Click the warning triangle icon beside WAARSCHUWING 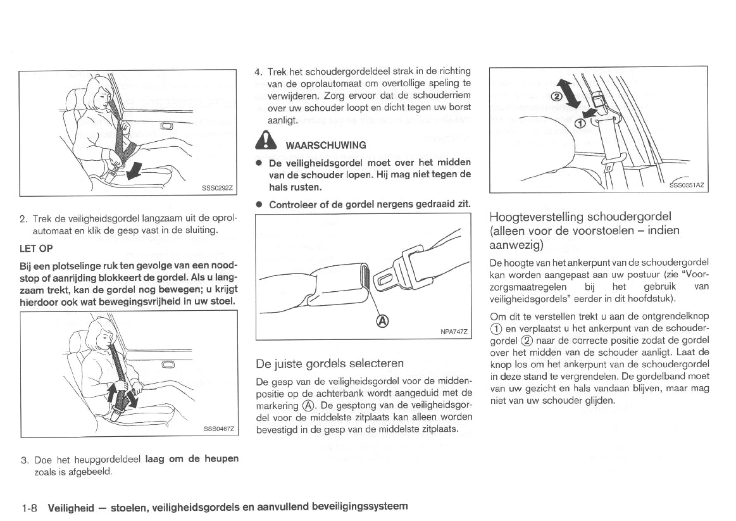coord(264,143)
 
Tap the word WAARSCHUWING coord(326,145)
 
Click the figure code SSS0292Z coord(217,187)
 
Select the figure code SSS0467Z coord(218,429)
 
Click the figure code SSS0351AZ coord(688,185)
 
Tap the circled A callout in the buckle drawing coord(382,321)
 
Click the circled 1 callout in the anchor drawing coord(580,123)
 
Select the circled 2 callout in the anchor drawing coord(556,97)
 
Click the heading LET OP coord(37,248)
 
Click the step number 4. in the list coord(258,72)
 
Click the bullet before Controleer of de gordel coord(259,204)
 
